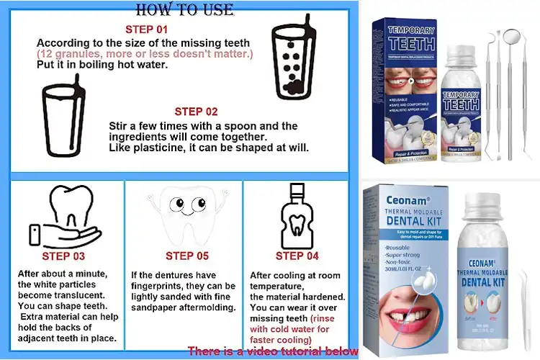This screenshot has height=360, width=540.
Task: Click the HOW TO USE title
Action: [184, 9]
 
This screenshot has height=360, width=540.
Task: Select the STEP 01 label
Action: [146, 30]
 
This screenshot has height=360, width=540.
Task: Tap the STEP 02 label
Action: [196, 112]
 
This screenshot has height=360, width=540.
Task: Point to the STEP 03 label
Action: [63, 256]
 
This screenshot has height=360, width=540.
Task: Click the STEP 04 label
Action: [298, 256]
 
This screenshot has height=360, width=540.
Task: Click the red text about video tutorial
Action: [273, 351]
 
